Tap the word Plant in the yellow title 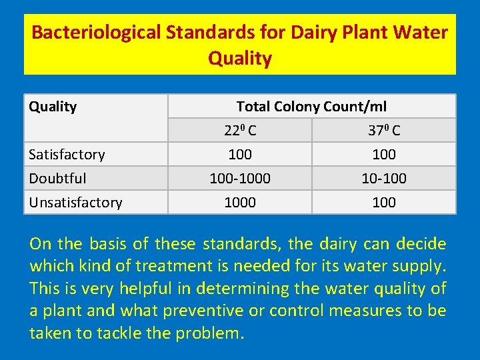347,32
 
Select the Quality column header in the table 53,107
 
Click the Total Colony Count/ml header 311,107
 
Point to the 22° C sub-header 240,131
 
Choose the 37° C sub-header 384,131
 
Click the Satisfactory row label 67,155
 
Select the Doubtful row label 57,179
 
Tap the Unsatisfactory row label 75,203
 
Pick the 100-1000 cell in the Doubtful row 240,179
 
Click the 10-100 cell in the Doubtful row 384,179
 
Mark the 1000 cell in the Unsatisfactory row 240,203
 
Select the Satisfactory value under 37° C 384,155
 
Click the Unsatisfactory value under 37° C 384,203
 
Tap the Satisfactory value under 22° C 240,155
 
